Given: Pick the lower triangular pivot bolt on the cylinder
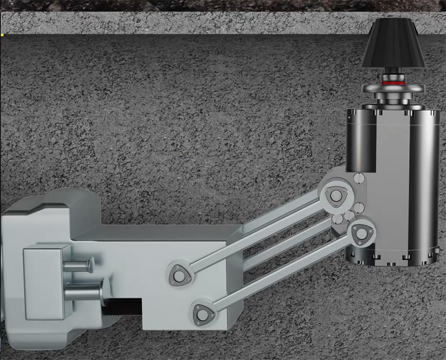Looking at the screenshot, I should coord(359,232).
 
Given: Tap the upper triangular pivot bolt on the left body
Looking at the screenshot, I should coord(178,274).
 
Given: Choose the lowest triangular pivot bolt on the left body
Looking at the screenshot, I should coord(202,313).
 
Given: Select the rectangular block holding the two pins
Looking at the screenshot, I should coord(44,283).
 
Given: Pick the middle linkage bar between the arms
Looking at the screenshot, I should coord(286,244).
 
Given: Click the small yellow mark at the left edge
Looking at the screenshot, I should coord(2,35).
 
